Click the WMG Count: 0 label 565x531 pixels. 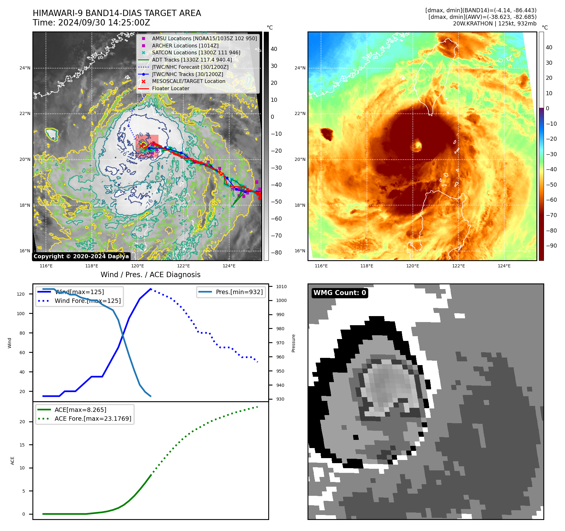coord(340,293)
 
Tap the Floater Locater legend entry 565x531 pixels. coord(170,89)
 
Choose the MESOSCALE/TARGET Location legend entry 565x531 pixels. coord(189,81)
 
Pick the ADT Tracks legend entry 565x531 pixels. coord(192,60)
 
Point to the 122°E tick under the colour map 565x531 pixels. coord(458,266)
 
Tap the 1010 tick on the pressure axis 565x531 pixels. coord(281,287)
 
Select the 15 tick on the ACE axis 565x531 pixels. coord(22,445)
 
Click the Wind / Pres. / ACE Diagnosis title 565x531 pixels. coord(150,275)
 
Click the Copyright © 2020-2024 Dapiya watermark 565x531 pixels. coord(81,256)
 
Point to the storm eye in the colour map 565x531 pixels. coord(418,145)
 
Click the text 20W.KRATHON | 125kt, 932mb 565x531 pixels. coord(495,24)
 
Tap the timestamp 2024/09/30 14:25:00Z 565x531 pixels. coord(104,23)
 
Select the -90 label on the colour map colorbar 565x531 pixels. coord(551,246)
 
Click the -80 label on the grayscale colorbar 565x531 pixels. coord(276,253)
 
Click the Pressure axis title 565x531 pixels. coord(293,343)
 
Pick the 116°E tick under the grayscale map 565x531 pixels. coord(46,266)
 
